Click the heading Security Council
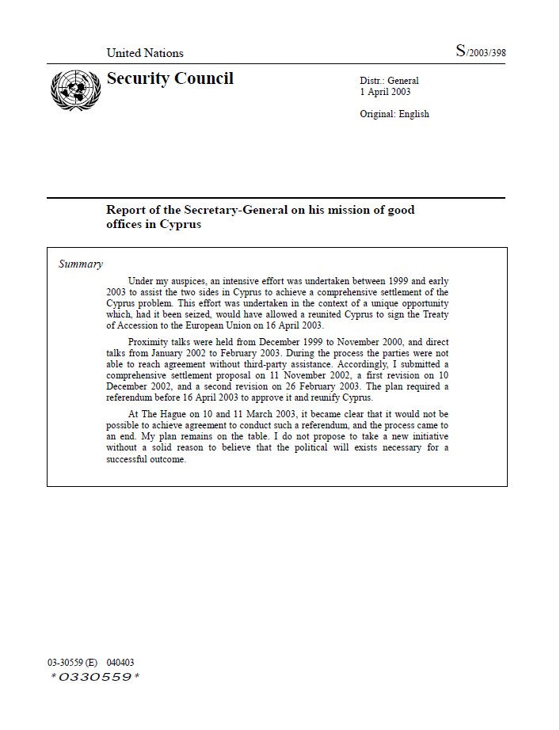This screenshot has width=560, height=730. click(x=170, y=78)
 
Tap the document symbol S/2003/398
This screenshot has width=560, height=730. click(x=481, y=52)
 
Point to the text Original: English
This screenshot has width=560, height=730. click(x=394, y=114)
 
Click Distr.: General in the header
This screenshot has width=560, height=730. click(x=389, y=81)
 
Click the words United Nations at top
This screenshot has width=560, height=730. click(x=145, y=53)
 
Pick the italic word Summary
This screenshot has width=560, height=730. click(x=81, y=264)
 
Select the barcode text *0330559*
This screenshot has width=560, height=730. click(x=95, y=677)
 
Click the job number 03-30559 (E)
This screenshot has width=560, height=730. click(x=72, y=663)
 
